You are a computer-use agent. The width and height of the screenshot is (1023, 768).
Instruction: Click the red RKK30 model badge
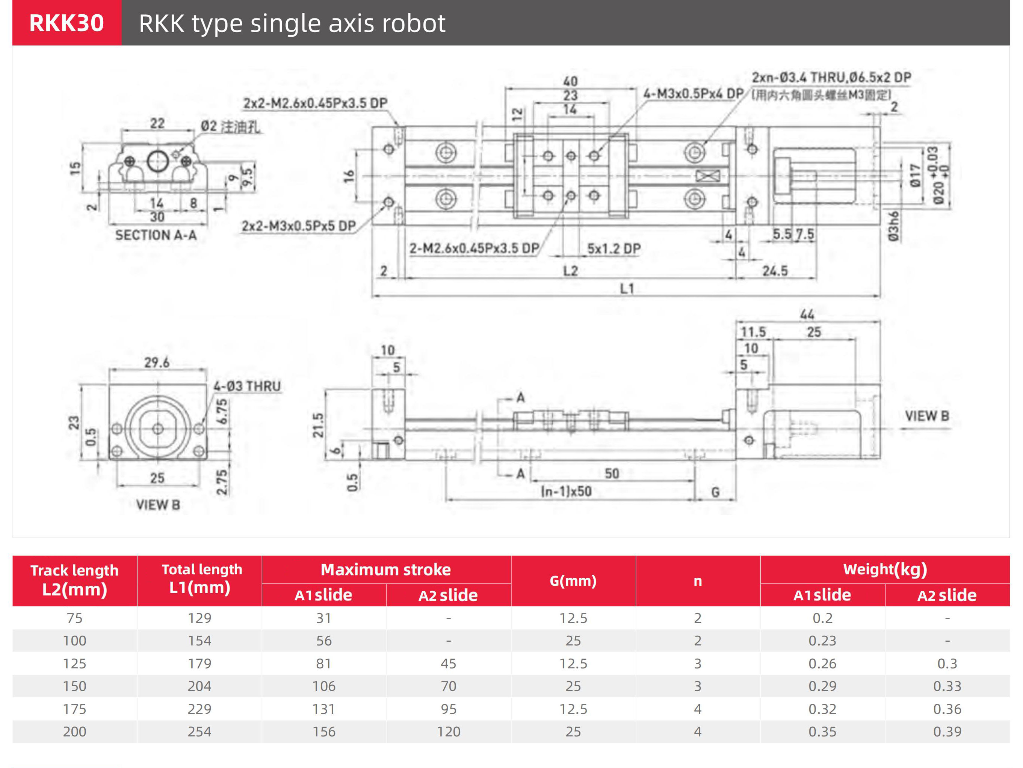click(x=66, y=23)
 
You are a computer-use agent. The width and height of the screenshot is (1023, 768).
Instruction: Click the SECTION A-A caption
click(x=156, y=235)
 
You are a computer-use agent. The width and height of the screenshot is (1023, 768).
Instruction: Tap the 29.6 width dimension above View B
click(x=157, y=362)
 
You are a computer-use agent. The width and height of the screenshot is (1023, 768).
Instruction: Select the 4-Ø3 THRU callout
click(x=247, y=386)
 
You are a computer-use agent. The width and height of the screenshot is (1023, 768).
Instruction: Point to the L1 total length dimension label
click(x=627, y=289)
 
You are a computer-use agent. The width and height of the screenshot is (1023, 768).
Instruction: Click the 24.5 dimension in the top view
click(x=775, y=271)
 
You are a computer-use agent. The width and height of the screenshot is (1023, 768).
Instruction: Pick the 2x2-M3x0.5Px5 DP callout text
click(x=299, y=226)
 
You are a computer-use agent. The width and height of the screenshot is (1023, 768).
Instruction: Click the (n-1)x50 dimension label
click(x=566, y=491)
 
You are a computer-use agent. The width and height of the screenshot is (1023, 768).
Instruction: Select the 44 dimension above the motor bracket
click(x=807, y=314)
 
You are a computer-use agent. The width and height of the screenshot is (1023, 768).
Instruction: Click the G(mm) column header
click(x=573, y=581)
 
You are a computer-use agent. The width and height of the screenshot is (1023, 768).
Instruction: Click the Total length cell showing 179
click(x=199, y=663)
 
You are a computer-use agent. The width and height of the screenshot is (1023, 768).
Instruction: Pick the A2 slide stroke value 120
click(x=448, y=732)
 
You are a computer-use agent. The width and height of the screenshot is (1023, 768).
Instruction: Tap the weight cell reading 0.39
click(x=947, y=732)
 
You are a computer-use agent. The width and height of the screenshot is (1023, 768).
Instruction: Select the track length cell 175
click(x=74, y=709)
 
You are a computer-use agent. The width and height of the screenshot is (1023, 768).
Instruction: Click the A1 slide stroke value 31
click(x=324, y=618)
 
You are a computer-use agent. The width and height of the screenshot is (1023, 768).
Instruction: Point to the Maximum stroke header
click(x=386, y=570)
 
